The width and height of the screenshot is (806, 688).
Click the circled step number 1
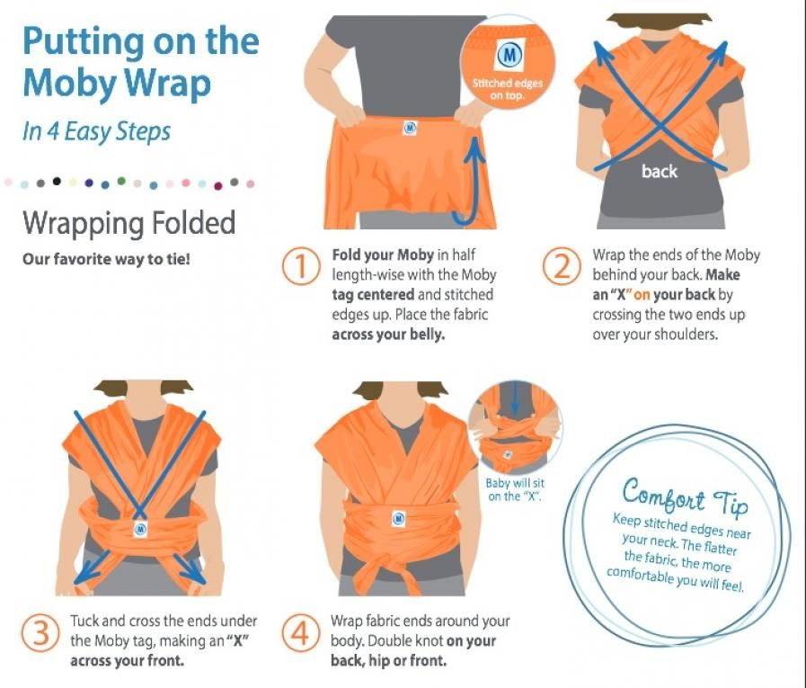(x=301, y=265)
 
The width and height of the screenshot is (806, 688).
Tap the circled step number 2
(x=562, y=265)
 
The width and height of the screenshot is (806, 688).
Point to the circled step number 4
(x=301, y=633)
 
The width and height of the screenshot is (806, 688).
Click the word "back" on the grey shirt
(x=659, y=172)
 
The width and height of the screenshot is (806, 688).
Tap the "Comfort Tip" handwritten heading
(x=686, y=496)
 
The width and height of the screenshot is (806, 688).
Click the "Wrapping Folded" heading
(x=129, y=223)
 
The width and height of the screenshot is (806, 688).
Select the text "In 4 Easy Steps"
(x=97, y=131)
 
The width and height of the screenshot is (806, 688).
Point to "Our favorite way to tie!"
(x=106, y=259)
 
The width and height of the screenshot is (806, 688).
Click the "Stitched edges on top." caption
(x=508, y=89)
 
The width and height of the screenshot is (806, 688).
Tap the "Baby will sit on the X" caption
(x=515, y=489)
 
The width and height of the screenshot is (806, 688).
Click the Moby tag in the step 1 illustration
(x=410, y=127)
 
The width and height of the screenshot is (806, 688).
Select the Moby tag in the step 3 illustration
(x=140, y=529)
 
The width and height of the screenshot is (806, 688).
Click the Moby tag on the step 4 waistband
(x=399, y=518)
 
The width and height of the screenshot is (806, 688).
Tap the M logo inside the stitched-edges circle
(x=509, y=55)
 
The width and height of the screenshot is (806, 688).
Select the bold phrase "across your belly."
(x=388, y=335)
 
